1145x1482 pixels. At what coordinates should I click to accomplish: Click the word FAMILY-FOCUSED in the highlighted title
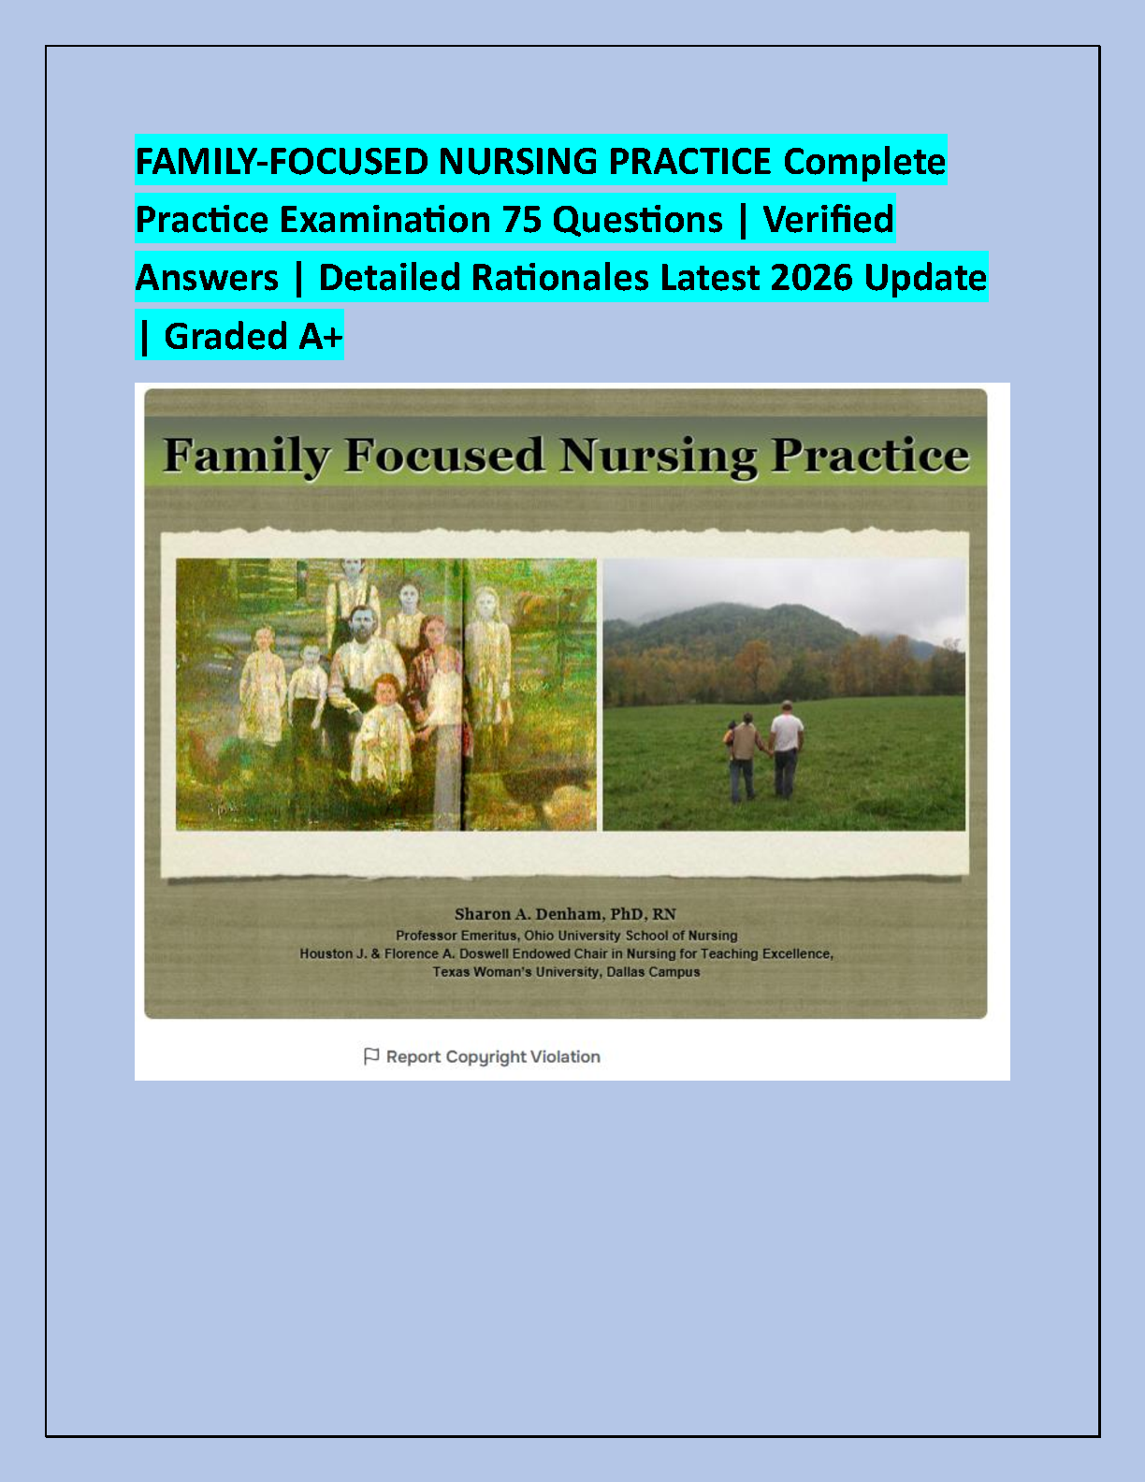click(x=282, y=162)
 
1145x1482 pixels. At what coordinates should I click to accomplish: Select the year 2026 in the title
click(x=812, y=278)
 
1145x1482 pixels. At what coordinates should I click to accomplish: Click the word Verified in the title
click(x=828, y=220)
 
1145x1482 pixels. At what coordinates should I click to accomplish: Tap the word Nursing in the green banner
click(x=658, y=456)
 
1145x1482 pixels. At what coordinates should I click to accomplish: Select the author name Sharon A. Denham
click(x=529, y=914)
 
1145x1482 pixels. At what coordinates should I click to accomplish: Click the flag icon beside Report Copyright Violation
click(x=371, y=1056)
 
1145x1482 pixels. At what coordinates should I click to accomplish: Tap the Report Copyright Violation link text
click(x=493, y=1057)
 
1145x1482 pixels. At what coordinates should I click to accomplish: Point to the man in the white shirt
click(x=786, y=750)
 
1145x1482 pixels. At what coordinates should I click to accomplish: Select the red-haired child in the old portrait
click(x=385, y=730)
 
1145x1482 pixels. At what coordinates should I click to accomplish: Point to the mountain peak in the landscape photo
click(x=777, y=605)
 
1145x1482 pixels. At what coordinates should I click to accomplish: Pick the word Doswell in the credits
click(x=484, y=953)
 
